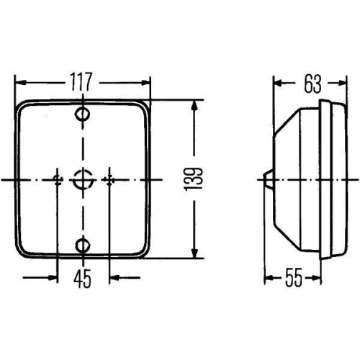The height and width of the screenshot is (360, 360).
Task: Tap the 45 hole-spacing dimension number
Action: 83,278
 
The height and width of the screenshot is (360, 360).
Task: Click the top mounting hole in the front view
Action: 84,114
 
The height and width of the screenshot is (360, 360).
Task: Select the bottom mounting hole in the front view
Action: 84,246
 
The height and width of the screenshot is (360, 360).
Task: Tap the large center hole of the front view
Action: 84,178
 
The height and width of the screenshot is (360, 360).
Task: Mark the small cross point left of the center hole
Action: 57,179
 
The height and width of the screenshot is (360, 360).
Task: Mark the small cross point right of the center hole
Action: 109,179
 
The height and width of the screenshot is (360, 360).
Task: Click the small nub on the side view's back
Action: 267,179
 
